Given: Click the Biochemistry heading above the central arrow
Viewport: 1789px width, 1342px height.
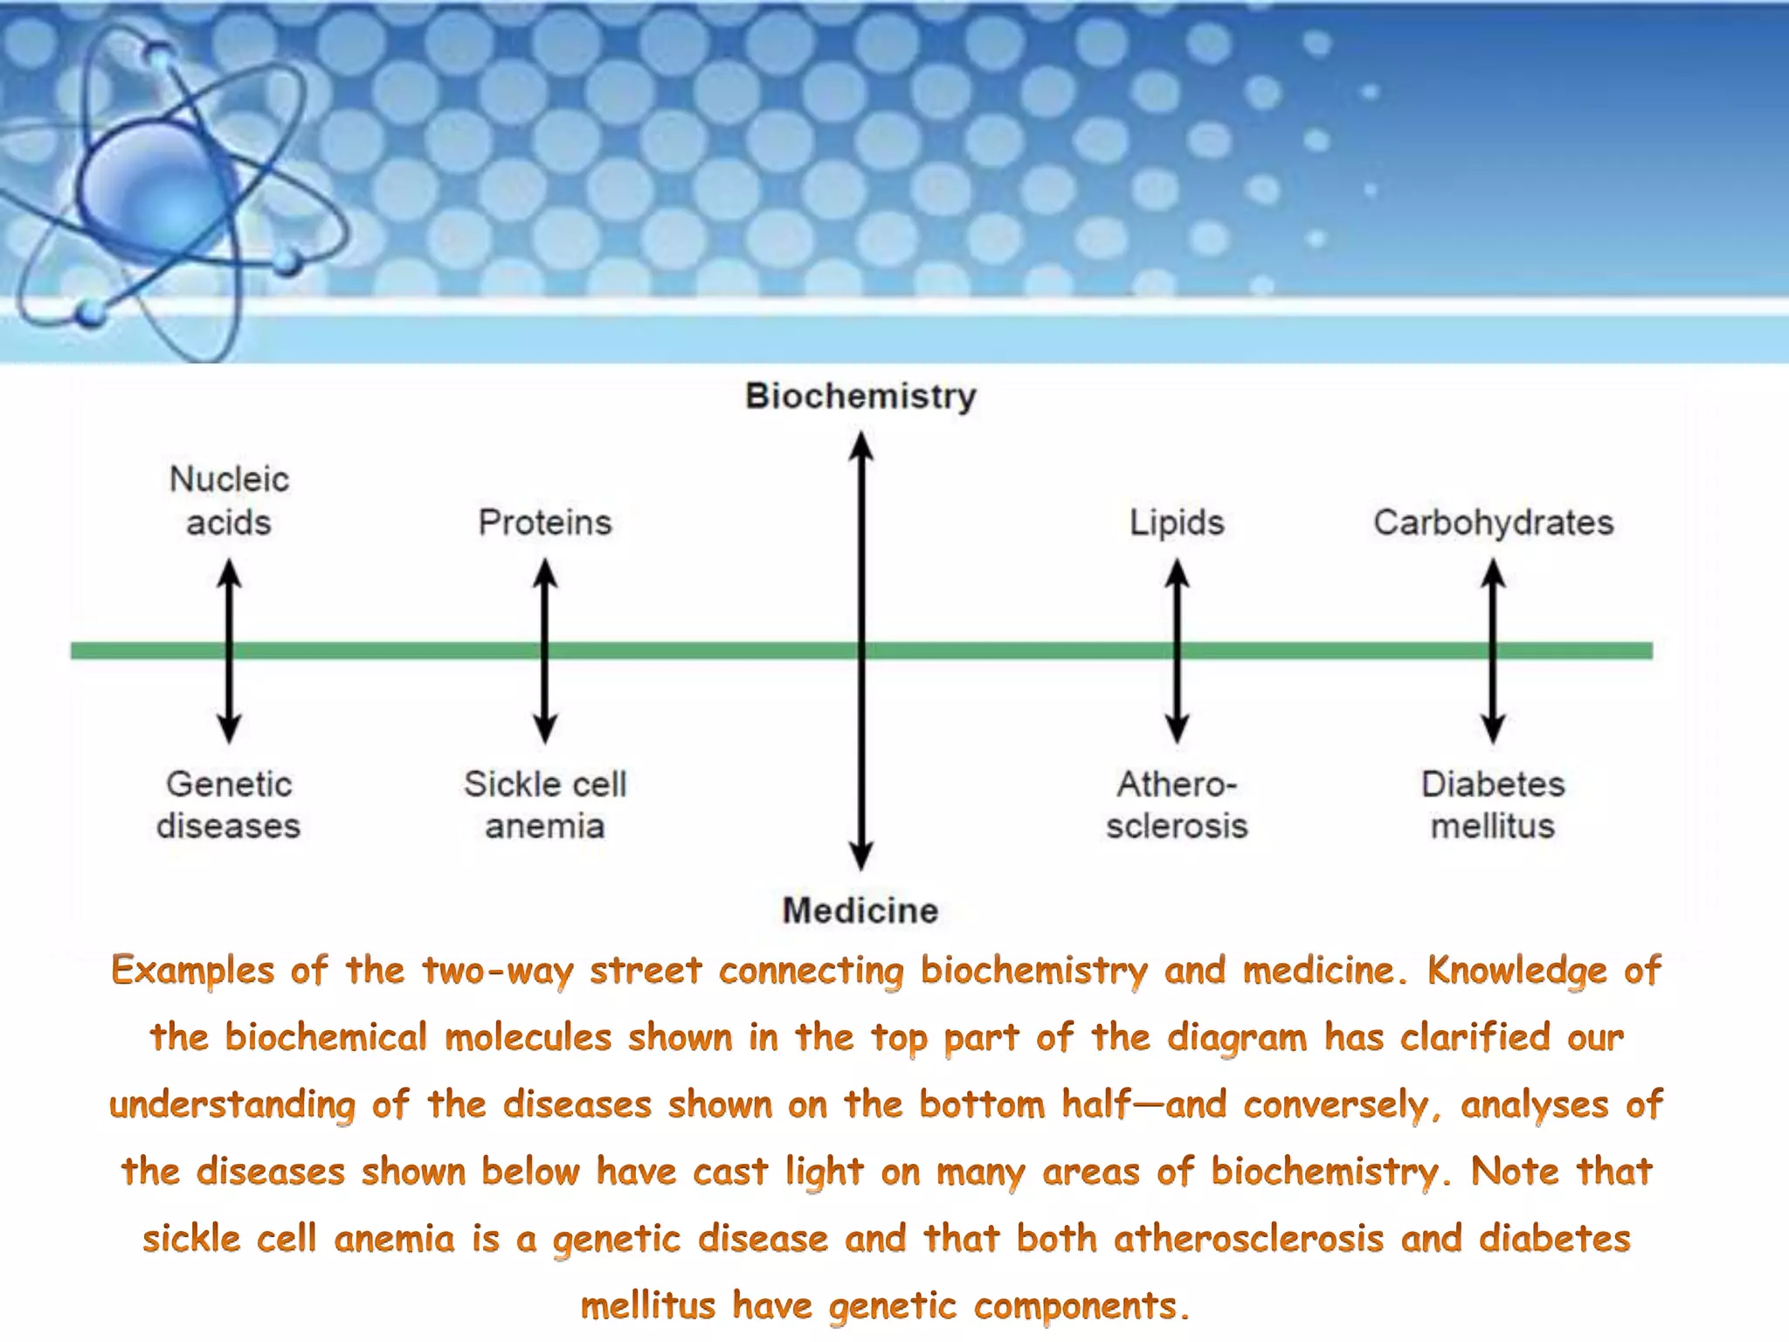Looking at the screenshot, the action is pyautogui.click(x=860, y=396).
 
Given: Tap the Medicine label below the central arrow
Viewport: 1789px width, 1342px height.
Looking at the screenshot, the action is pyautogui.click(x=860, y=910).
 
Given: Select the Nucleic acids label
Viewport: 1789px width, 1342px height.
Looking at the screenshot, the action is pyautogui.click(x=229, y=501).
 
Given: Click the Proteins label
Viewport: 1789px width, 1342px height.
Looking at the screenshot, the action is pyautogui.click(x=545, y=522).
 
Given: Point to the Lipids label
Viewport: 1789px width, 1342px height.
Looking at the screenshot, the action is pyautogui.click(x=1177, y=522).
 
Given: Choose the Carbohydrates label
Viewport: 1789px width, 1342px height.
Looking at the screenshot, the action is pyautogui.click(x=1493, y=522).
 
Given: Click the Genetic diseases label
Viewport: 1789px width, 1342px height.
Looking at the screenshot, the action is pyautogui.click(x=229, y=805).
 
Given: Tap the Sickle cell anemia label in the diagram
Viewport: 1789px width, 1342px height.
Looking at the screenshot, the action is pyautogui.click(x=545, y=805).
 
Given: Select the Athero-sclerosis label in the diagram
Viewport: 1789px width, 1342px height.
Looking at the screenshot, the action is pyautogui.click(x=1177, y=805).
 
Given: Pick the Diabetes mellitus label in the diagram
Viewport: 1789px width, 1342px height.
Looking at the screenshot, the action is pyautogui.click(x=1493, y=805).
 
